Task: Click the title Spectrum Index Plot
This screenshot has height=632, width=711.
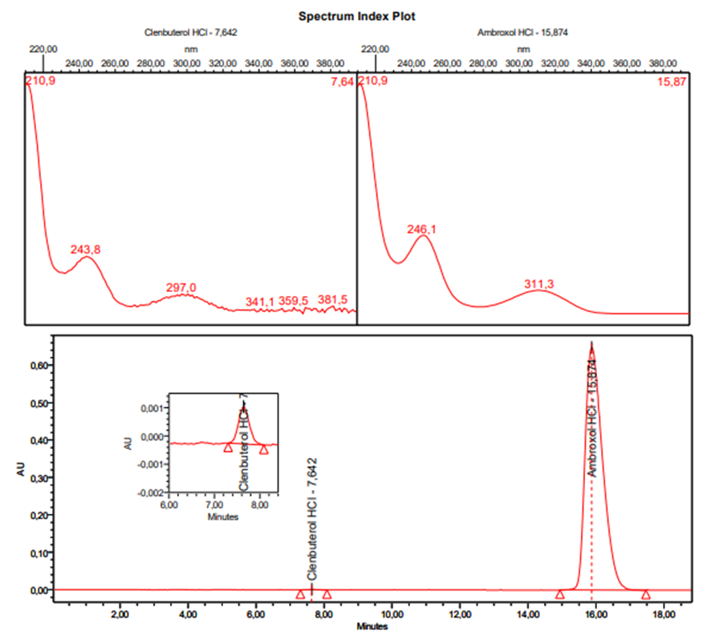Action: [357, 15]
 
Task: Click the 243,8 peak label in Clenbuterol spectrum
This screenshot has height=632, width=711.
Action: [86, 249]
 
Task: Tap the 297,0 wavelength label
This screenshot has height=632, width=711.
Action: [181, 287]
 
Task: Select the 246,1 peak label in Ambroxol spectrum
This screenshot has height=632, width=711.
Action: [421, 229]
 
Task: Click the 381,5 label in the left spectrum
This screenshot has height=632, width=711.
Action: [333, 300]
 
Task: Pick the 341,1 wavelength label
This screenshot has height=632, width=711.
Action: [260, 302]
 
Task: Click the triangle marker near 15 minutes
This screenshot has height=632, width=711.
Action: [560, 594]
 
